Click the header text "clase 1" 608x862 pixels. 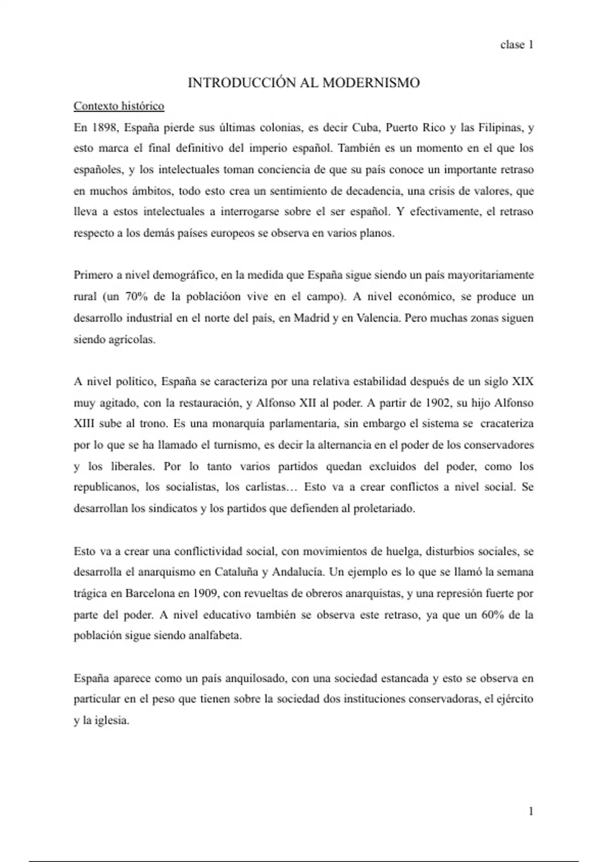pyautogui.click(x=516, y=45)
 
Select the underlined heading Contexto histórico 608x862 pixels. pyautogui.click(x=119, y=106)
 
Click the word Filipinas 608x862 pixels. pyautogui.click(x=500, y=127)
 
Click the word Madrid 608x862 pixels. pyautogui.click(x=312, y=318)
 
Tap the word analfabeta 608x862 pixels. pyautogui.click(x=215, y=636)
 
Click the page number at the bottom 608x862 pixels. pyautogui.click(x=530, y=811)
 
